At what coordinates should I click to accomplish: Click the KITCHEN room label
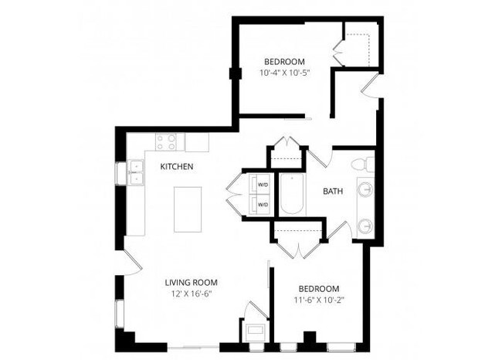click(177, 166)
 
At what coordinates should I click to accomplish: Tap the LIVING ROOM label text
click(191, 282)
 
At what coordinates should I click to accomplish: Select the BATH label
click(333, 191)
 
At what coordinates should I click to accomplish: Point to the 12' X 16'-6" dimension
click(191, 294)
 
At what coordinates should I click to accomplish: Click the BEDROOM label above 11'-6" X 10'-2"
click(317, 288)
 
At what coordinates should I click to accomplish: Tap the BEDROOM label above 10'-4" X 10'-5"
click(284, 62)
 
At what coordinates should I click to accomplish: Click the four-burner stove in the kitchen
click(167, 142)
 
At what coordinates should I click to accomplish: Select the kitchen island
click(188, 209)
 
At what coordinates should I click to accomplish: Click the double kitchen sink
click(135, 172)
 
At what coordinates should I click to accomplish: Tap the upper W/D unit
click(261, 185)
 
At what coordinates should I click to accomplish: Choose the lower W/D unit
click(261, 205)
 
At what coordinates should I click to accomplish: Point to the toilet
click(361, 164)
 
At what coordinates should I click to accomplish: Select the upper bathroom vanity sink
click(365, 189)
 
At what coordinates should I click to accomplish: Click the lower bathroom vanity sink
click(365, 226)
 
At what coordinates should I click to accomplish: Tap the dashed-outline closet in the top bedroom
click(361, 45)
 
